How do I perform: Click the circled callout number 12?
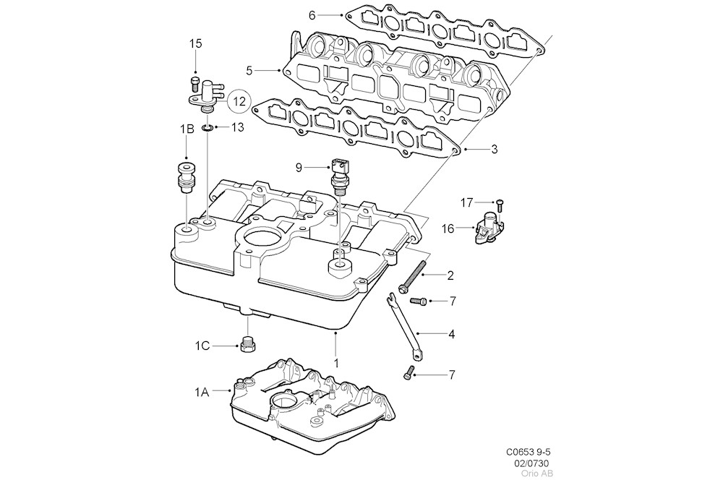click(x=239, y=101)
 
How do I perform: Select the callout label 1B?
click(x=187, y=129)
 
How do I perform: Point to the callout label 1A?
click(x=201, y=393)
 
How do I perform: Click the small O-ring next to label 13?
click(x=207, y=127)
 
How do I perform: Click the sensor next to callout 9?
click(x=339, y=172)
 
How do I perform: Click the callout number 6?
click(x=312, y=14)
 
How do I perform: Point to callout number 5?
click(x=249, y=71)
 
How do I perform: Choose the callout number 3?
click(x=494, y=150)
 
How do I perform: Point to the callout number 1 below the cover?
click(x=335, y=359)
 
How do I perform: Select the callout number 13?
click(x=237, y=127)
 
